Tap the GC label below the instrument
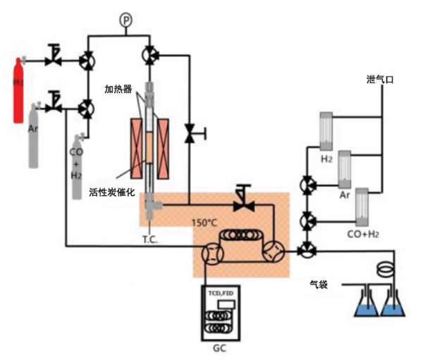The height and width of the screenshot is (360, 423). pyautogui.click(x=220, y=349)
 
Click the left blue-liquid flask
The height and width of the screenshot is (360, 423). pyautogui.click(x=365, y=304)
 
